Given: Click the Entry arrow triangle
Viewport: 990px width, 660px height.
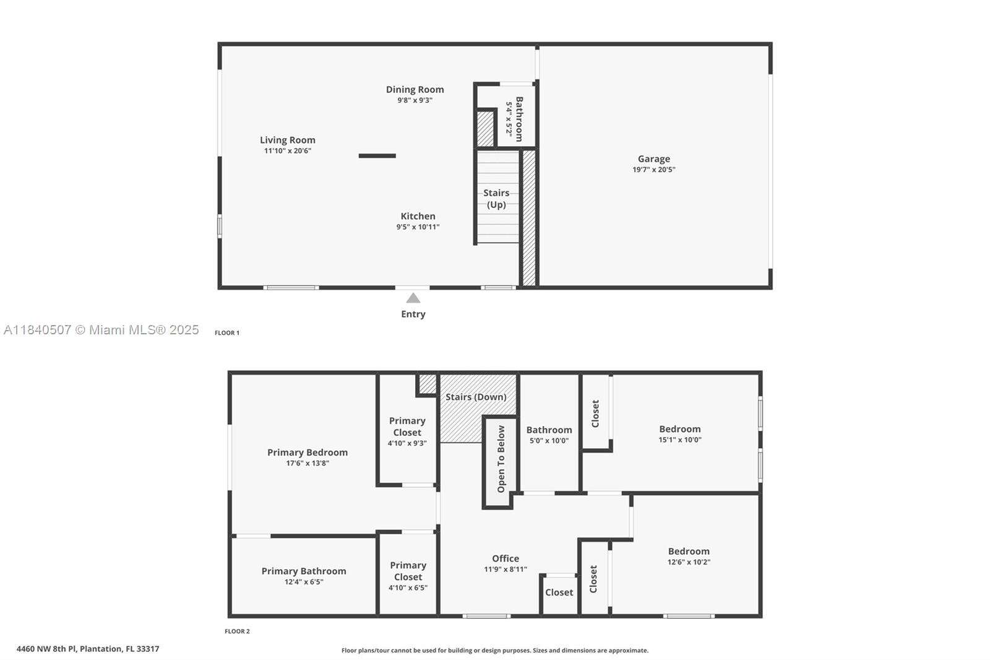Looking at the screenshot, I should pyautogui.click(x=413, y=298).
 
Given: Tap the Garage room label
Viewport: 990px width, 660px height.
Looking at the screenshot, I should pyautogui.click(x=654, y=159).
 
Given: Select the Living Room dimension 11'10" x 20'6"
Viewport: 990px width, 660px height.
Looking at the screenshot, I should pyautogui.click(x=288, y=151).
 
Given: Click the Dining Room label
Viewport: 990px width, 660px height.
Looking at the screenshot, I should pyautogui.click(x=415, y=90).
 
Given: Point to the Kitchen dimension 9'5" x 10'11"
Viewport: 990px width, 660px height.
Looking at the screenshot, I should pyautogui.click(x=418, y=227).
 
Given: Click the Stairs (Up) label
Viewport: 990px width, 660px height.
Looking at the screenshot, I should pyautogui.click(x=496, y=199).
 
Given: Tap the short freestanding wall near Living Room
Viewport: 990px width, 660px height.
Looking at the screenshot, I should pyautogui.click(x=377, y=156).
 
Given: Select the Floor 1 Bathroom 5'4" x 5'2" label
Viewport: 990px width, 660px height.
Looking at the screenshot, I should pyautogui.click(x=514, y=119).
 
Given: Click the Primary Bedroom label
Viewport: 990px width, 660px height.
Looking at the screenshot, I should pyautogui.click(x=308, y=453).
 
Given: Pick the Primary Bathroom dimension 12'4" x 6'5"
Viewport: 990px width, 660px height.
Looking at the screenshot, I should pyautogui.click(x=304, y=582).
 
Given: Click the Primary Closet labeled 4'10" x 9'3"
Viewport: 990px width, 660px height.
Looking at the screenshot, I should pyautogui.click(x=407, y=431).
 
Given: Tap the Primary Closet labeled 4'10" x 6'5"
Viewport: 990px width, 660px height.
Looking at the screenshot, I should pyautogui.click(x=408, y=576).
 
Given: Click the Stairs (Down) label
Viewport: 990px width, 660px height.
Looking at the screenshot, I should pyautogui.click(x=476, y=397).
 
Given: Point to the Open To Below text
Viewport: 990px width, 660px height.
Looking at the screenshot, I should pyautogui.click(x=501, y=459).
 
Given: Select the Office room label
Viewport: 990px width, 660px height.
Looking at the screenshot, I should pyautogui.click(x=506, y=558).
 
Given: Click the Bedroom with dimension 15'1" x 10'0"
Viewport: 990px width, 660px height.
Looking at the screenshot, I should pyautogui.click(x=679, y=433).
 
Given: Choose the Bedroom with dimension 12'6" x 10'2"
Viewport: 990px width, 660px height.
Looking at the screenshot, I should pyautogui.click(x=689, y=556).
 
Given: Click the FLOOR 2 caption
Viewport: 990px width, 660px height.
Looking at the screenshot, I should pyautogui.click(x=237, y=632).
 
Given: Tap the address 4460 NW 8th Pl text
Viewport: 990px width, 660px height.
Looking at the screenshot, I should pyautogui.click(x=88, y=649).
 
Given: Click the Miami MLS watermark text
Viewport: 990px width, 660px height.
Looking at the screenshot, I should pyautogui.click(x=101, y=330).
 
